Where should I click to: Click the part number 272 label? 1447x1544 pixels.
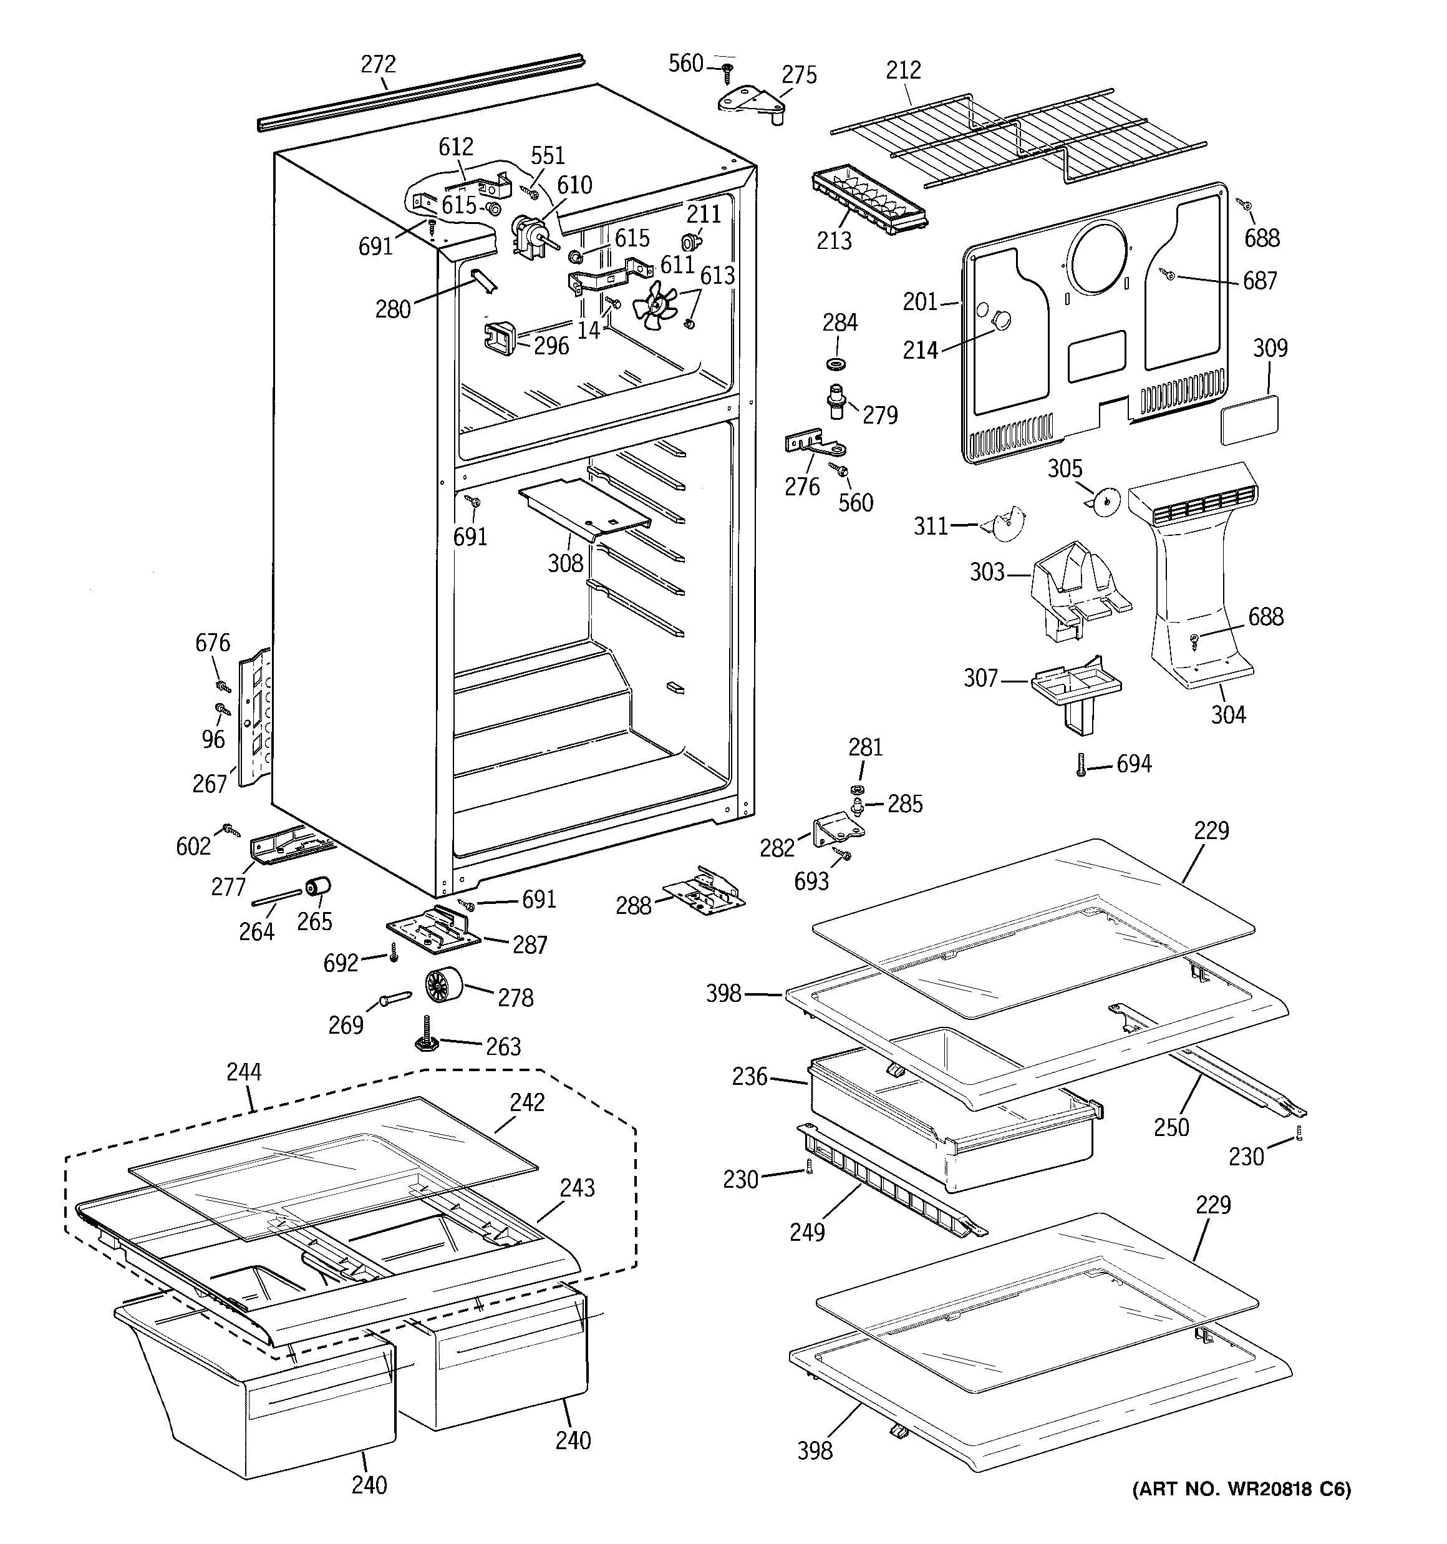378,64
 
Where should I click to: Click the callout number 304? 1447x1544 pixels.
1228,714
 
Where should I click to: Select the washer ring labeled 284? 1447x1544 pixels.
837,364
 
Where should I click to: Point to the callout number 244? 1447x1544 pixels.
244,1072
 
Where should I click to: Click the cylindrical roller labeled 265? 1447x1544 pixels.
317,885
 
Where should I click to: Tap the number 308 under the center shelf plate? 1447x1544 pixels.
564,563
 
